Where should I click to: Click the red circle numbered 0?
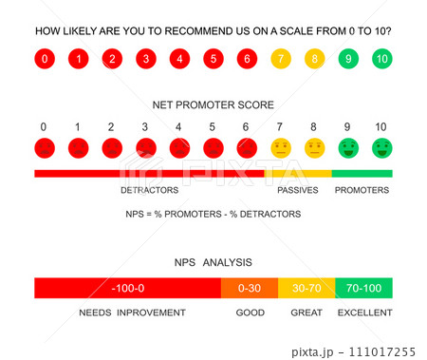coord(45,60)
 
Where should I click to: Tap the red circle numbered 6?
coord(247,60)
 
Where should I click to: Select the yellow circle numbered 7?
coord(280,60)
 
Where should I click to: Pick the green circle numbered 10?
coord(381,60)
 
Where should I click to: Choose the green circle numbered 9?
coord(347,60)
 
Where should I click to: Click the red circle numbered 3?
coord(145,60)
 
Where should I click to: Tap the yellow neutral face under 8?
coord(314,148)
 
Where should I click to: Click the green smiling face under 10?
coord(381,148)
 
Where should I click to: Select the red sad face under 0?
coord(44,148)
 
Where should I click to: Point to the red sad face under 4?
coord(179,148)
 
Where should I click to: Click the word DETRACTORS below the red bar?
coord(149,190)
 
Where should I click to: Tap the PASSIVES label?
coord(297,190)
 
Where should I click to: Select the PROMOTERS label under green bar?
coord(362,190)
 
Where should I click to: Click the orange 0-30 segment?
coord(250,288)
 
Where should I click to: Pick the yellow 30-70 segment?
coord(306,288)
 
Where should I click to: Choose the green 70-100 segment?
coord(363,288)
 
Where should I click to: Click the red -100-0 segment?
coord(127,288)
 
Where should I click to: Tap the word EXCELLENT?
coord(364,312)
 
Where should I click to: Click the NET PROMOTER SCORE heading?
coord(213,104)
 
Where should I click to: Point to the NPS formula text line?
coord(213,214)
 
